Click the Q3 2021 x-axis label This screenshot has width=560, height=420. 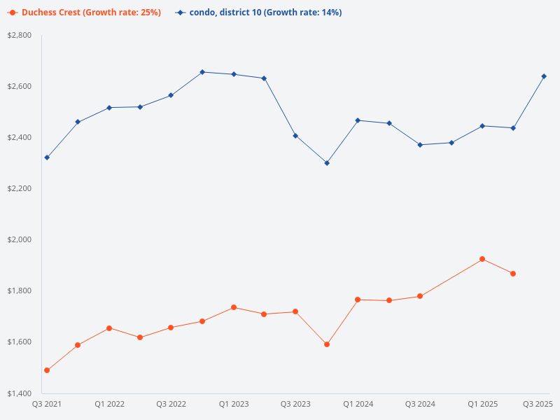click(47, 404)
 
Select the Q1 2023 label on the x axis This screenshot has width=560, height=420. click(233, 404)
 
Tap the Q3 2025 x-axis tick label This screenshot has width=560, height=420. click(538, 404)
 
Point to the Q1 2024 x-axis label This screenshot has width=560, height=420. click(358, 404)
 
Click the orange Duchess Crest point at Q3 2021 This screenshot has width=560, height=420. click(47, 370)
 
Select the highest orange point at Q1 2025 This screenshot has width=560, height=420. click(482, 259)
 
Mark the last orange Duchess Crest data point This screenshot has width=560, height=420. click(513, 274)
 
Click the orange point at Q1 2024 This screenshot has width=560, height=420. click(358, 300)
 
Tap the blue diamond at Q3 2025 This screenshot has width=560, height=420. click(544, 76)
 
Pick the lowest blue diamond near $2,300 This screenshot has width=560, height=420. click(327, 163)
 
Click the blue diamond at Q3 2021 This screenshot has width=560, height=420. click(47, 157)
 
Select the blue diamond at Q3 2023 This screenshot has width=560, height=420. click(295, 136)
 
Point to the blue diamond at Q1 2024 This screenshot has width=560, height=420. click(358, 120)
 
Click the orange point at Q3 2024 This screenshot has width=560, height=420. click(420, 296)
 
